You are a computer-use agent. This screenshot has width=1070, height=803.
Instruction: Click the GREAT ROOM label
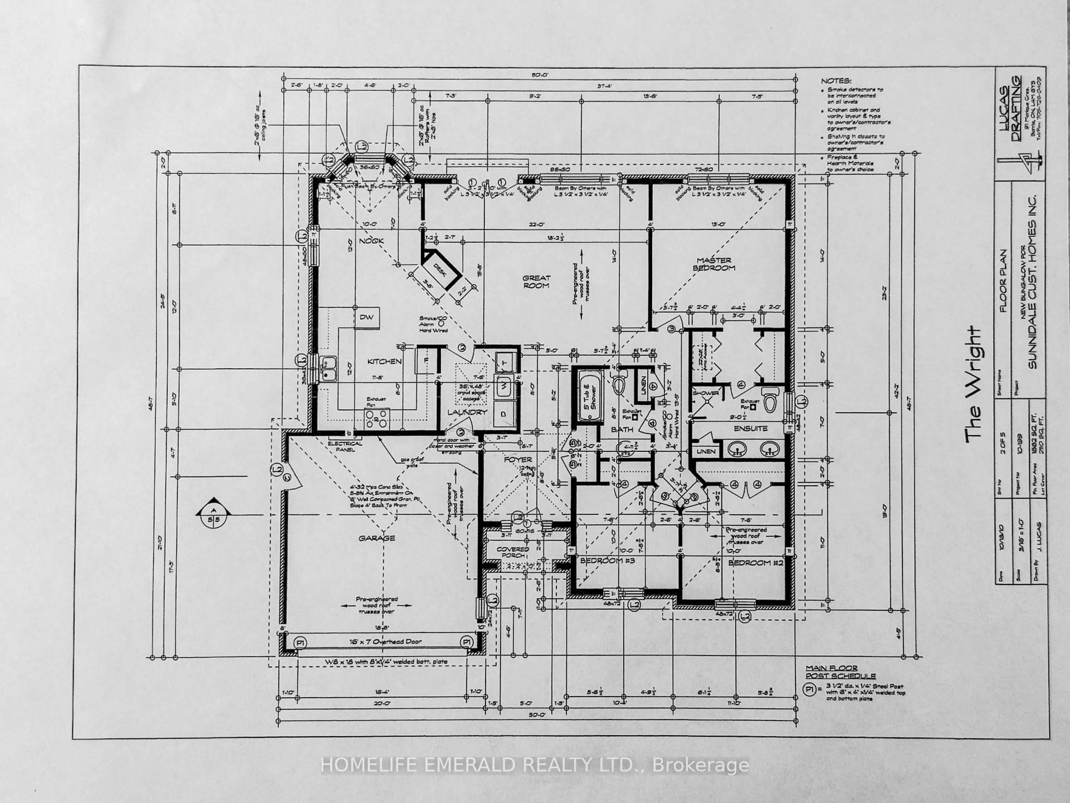coord(536,282)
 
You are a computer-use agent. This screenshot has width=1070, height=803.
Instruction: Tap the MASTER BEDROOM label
coord(714,264)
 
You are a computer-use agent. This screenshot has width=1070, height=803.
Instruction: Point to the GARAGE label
coord(377,538)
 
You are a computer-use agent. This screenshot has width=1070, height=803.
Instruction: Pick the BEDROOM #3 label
coord(607,560)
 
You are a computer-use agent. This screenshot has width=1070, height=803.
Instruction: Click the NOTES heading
coord(836,81)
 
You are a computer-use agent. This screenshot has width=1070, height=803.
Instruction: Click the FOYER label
coord(518,459)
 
